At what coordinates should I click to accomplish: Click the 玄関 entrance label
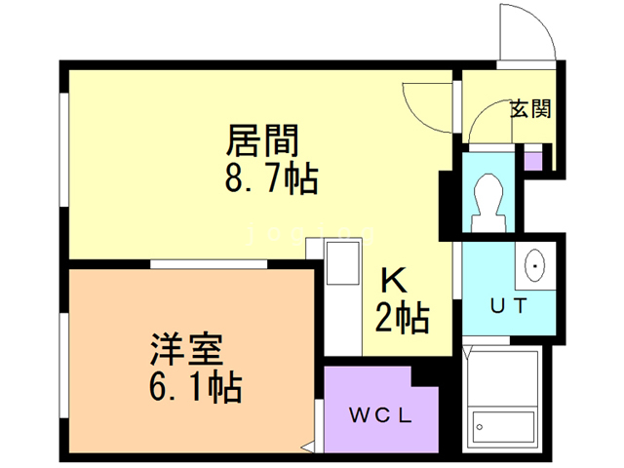coord(530,108)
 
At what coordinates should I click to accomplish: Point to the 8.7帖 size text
coord(271,179)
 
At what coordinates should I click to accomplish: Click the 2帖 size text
coord(403,318)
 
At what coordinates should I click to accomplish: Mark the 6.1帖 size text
coord(196,388)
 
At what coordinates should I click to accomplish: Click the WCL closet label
coord(381,414)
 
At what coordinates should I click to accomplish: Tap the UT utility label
coord(508,305)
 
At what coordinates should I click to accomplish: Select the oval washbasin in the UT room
coord(535,265)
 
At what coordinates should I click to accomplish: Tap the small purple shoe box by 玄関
coord(533,157)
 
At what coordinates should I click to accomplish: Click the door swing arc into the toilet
coord(481,127)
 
